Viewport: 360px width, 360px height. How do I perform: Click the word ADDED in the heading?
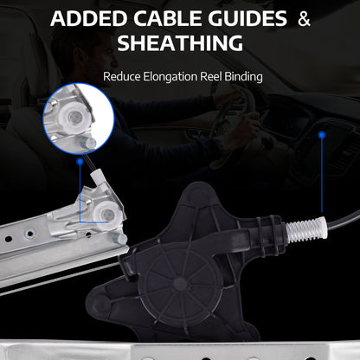click(89, 18)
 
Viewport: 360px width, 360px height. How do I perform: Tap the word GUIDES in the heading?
click(247, 18)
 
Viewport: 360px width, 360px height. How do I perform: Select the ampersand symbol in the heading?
click(304, 19)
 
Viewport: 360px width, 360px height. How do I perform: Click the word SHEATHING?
click(180, 43)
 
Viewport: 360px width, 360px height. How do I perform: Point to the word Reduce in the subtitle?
click(122, 77)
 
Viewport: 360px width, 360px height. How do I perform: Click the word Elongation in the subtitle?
click(170, 77)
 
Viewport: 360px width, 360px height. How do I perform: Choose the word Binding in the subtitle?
click(243, 77)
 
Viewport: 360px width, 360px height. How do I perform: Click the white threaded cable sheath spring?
click(305, 230)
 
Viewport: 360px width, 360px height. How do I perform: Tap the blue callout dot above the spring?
click(322, 135)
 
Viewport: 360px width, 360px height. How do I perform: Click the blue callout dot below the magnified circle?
click(80, 162)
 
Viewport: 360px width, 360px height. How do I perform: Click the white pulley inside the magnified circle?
click(76, 118)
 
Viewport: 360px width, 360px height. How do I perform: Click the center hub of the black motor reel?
click(179, 285)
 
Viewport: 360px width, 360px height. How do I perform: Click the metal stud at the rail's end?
click(120, 239)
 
